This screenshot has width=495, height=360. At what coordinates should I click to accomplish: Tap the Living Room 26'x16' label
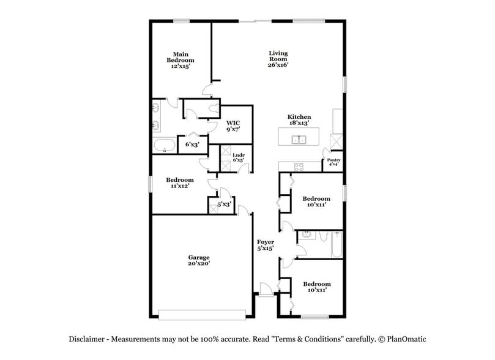click(278, 59)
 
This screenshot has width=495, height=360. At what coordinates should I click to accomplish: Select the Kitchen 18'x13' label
click(299, 119)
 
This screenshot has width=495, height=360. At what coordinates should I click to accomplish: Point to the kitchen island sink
click(299, 139)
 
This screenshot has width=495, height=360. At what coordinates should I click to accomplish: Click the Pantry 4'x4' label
click(333, 163)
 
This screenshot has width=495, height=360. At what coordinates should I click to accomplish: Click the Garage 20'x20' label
click(199, 260)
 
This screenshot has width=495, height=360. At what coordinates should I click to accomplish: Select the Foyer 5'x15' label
click(265, 246)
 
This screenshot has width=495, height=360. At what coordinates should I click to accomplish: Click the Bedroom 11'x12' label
click(180, 182)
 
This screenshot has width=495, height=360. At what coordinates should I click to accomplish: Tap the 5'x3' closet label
click(224, 204)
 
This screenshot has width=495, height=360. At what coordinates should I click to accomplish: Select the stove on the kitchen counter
click(299, 167)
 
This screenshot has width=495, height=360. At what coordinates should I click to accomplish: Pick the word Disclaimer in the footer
click(89, 339)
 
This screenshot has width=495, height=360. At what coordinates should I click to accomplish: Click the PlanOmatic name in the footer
click(405, 339)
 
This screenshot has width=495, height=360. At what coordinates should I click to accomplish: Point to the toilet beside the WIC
click(212, 108)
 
